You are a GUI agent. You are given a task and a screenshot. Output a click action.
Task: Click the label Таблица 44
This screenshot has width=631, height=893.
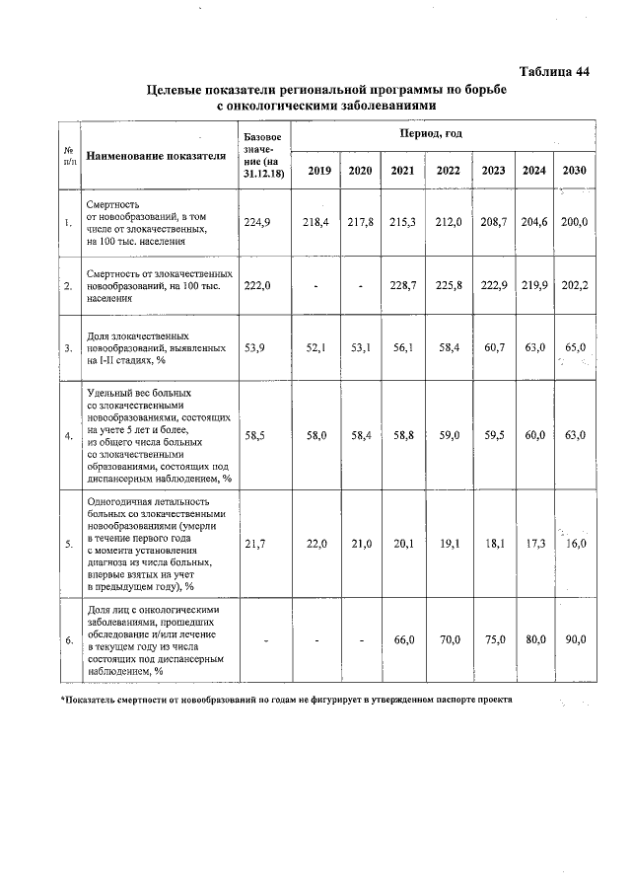click(554, 70)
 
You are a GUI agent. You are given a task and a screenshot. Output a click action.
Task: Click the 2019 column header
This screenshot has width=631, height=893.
click(318, 171)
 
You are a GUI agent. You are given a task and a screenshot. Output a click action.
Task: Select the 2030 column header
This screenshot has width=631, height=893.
click(574, 171)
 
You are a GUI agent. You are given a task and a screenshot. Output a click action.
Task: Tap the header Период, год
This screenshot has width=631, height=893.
click(431, 132)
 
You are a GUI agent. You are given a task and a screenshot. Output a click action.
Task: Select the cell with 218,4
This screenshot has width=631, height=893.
click(315, 223)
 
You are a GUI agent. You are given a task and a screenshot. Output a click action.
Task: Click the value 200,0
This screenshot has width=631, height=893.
click(574, 223)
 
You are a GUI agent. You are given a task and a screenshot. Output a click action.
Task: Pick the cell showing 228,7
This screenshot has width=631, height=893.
click(402, 285)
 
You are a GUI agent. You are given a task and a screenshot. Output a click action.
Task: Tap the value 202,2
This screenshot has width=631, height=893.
click(574, 285)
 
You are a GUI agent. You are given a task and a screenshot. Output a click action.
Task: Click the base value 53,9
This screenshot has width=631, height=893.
click(256, 347)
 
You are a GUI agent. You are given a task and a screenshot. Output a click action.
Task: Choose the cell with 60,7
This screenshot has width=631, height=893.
click(493, 347)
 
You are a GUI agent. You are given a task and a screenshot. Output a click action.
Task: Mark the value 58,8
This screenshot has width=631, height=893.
click(402, 433)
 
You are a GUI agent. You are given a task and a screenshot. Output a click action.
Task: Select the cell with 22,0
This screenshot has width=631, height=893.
click(315, 543)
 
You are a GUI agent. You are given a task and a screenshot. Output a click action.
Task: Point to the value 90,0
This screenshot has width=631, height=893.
click(574, 639)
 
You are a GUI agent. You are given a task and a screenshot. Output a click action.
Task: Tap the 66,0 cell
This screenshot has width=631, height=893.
click(402, 639)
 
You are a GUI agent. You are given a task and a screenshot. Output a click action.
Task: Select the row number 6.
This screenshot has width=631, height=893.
click(68, 640)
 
